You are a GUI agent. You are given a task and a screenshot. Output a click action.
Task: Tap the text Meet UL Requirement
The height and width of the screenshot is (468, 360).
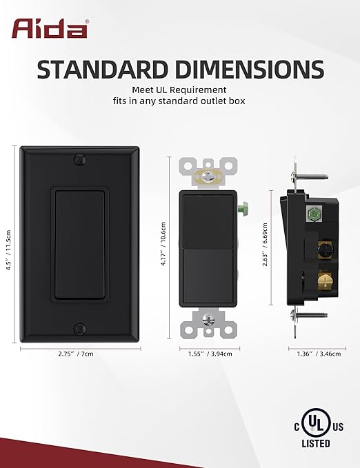click(180, 90)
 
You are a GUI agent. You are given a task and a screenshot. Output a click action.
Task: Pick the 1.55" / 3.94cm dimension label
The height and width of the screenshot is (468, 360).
click(209, 354)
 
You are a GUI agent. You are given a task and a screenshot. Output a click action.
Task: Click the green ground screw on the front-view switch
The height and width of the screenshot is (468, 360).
click(243, 206)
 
